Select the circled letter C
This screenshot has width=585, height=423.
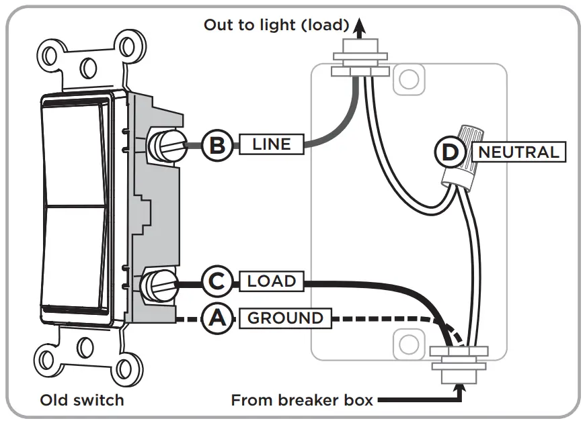pyautogui.click(x=217, y=281)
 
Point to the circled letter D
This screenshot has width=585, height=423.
pyautogui.click(x=450, y=152)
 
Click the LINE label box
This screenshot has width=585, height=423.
pyautogui.click(x=272, y=144)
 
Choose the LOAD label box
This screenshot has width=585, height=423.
pyautogui.click(x=272, y=281)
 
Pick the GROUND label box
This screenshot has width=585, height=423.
pyautogui.click(x=286, y=318)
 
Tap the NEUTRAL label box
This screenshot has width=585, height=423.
pyautogui.click(x=518, y=152)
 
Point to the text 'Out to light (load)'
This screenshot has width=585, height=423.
pyautogui.click(x=276, y=26)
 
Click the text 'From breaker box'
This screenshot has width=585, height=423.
pyautogui.click(x=302, y=400)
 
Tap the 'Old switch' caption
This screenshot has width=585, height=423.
pyautogui.click(x=82, y=400)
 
